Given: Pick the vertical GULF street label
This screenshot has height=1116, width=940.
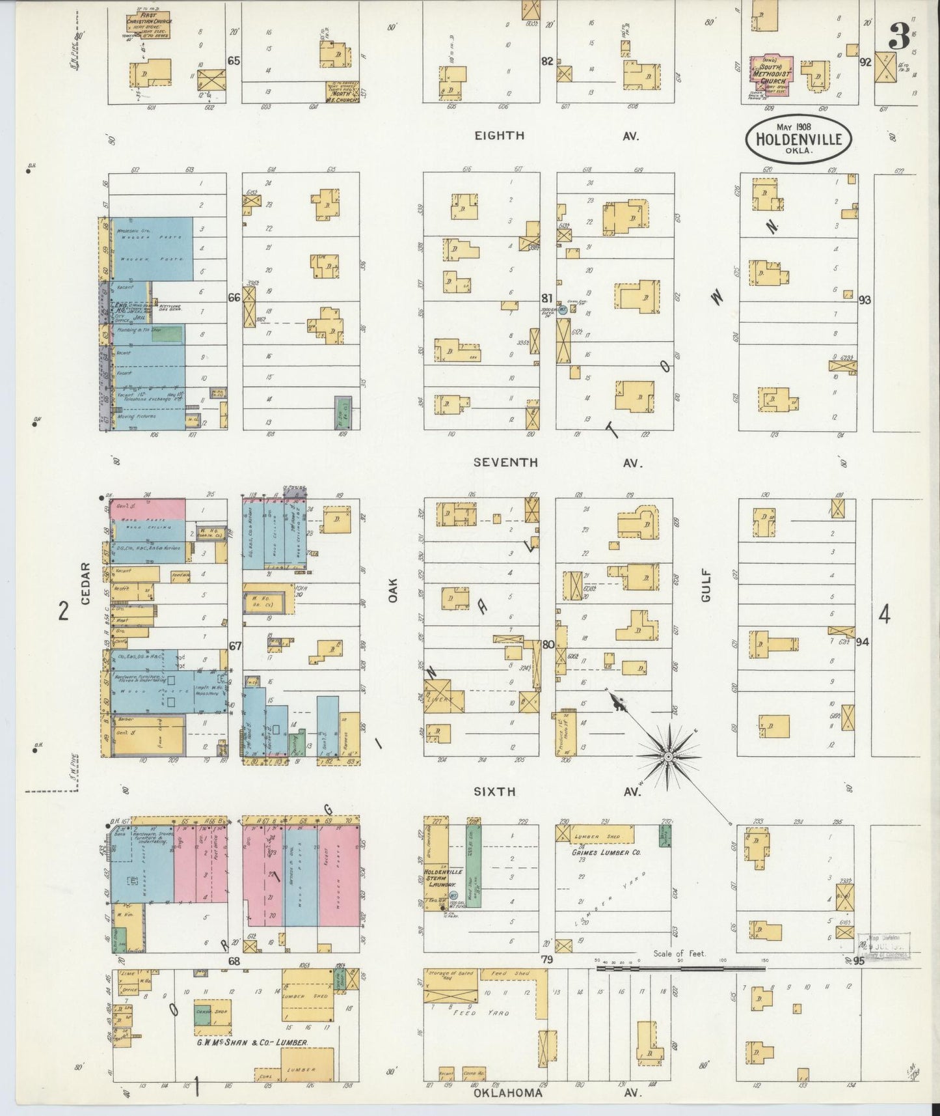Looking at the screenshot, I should (x=706, y=585).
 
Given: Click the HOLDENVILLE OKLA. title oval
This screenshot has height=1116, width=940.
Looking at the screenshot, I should (x=798, y=139).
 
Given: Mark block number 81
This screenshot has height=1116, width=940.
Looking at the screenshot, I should (x=547, y=298).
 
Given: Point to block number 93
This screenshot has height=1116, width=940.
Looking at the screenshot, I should (x=865, y=300).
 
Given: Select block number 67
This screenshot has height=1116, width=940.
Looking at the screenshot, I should (x=234, y=646).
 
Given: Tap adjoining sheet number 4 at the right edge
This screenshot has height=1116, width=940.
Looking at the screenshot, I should (x=884, y=614).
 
